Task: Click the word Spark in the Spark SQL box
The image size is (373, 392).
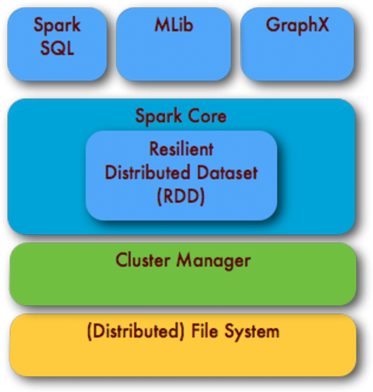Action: click(57, 25)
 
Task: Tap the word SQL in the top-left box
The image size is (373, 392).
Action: click(57, 48)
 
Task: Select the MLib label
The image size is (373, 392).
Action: click(173, 25)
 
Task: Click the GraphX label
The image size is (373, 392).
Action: click(297, 25)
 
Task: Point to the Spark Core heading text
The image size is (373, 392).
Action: click(181, 116)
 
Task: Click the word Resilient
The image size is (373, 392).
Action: click(181, 149)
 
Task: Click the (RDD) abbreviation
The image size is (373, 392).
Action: click(181, 196)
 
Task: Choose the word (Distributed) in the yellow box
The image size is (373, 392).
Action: click(130, 331)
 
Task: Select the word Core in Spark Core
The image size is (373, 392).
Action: click(207, 116)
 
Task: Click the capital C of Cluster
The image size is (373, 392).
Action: click(121, 260)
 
